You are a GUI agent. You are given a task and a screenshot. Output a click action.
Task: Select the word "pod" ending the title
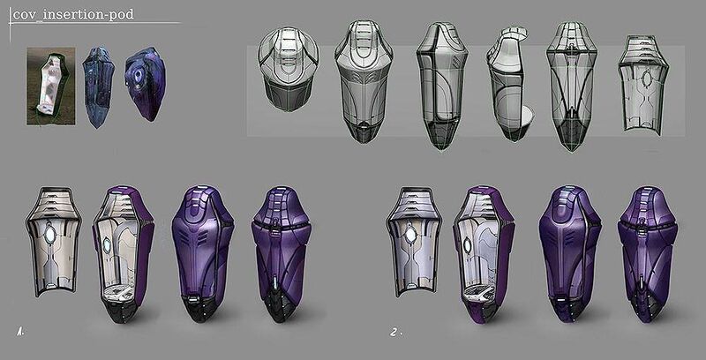[x=122, y=14]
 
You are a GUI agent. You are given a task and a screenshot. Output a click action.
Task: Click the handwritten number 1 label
[x=19, y=333]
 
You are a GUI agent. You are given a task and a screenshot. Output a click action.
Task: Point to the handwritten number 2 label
[x=394, y=333]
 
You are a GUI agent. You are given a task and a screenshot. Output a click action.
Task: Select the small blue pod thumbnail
[x=98, y=86]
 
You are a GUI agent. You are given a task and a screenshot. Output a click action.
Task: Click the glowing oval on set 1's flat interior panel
[x=49, y=235]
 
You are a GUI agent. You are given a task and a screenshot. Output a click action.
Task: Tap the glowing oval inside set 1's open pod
[x=107, y=245]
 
